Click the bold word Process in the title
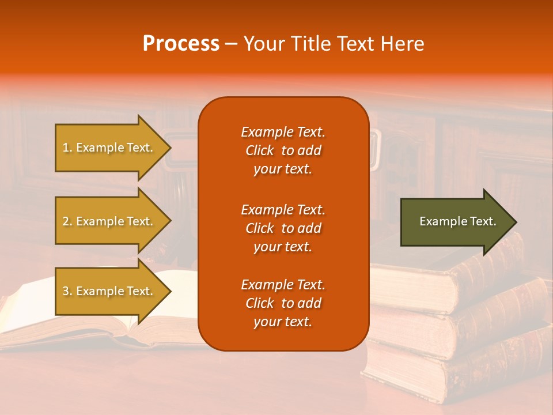coord(181,44)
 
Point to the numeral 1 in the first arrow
coord(66,148)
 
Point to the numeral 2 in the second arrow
coord(66,221)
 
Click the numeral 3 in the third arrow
coord(66,291)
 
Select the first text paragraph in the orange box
coord(283,150)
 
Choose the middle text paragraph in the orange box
coord(283,228)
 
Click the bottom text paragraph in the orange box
coord(283,303)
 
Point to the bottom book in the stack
coord(461,369)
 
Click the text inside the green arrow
coord(458,221)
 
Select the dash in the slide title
coord(231,44)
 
